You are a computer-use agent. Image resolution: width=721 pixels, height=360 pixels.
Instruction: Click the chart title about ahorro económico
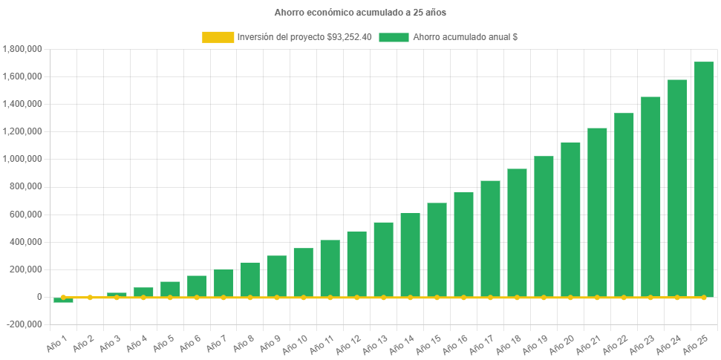click(360, 13)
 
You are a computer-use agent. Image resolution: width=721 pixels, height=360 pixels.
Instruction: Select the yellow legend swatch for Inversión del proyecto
click(217, 37)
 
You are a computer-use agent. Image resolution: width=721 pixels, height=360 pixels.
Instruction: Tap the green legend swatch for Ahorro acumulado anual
click(394, 37)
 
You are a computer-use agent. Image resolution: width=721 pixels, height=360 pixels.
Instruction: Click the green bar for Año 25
click(703, 178)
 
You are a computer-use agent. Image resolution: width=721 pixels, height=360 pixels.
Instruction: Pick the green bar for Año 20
click(570, 219)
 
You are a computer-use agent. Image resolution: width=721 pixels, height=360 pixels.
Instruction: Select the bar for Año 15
click(437, 249)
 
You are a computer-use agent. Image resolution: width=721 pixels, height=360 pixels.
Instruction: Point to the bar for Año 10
click(303, 272)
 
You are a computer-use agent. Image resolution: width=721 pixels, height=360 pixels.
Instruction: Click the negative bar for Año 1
click(63, 300)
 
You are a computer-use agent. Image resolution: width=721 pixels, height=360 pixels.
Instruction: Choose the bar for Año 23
click(650, 197)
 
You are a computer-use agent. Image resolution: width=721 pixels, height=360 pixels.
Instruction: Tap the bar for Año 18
click(517, 232)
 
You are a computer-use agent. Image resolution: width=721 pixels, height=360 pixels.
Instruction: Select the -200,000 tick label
click(24, 324)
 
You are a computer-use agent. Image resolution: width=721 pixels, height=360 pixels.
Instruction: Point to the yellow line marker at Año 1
click(63, 297)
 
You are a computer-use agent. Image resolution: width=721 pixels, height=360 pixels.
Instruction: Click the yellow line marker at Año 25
click(703, 297)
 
